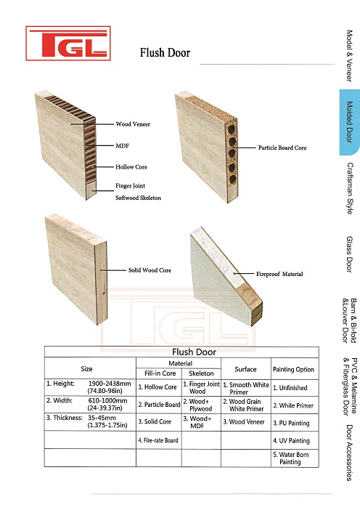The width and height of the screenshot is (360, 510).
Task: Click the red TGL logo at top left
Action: click(68, 44)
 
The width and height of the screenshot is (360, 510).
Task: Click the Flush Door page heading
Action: click(165, 53)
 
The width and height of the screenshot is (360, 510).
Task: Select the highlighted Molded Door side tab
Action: click(350, 122)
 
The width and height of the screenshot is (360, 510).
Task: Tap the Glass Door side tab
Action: click(350, 254)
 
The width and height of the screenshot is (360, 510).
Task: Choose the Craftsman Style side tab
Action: click(350, 188)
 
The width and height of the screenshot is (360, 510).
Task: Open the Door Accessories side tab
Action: click(350, 453)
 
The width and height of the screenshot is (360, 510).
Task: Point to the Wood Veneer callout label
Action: click(133, 124)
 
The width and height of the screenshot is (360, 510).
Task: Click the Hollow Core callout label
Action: click(131, 167)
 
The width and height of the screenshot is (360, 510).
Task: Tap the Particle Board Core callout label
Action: click(282, 147)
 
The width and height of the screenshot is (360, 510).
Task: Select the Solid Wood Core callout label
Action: click(150, 270)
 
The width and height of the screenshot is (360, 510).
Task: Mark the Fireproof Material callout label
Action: click(279, 274)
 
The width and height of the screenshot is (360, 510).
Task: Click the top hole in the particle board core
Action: click(232, 129)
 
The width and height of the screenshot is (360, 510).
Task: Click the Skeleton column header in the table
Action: click(201, 373)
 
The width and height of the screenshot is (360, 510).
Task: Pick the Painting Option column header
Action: click(293, 369)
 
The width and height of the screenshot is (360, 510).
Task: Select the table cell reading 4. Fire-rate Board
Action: click(158, 440)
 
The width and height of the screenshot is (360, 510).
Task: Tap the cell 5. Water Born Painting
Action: click(291, 458)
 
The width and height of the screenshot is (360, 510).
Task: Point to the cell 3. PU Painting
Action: click(291, 423)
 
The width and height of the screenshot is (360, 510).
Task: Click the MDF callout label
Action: click(123, 146)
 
